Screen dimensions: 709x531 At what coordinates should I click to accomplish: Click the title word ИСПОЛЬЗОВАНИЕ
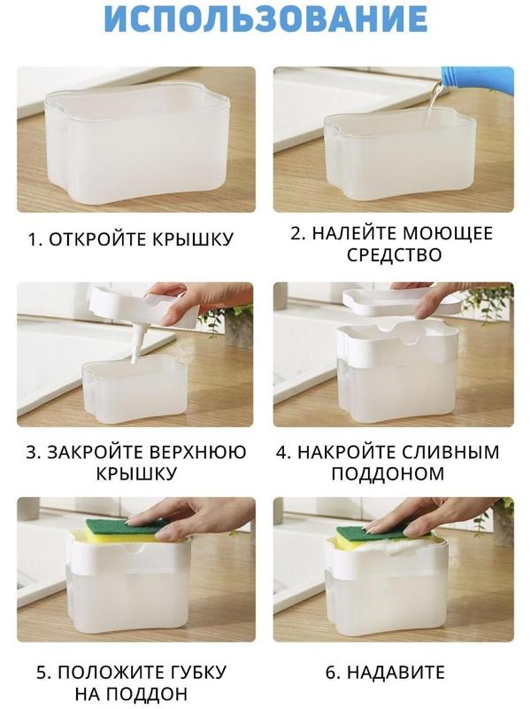click(x=265, y=19)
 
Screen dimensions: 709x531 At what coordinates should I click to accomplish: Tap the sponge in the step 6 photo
click(x=372, y=537)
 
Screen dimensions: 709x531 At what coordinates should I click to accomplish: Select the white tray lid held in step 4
click(x=398, y=302)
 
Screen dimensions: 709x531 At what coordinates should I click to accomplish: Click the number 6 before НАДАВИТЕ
click(x=331, y=672)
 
